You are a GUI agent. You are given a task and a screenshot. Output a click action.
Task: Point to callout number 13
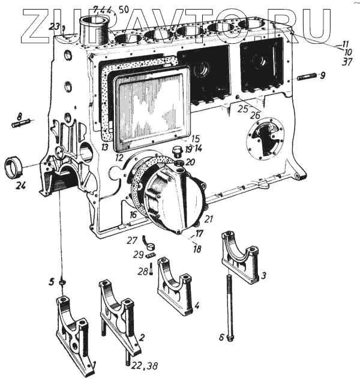[x=104, y=147]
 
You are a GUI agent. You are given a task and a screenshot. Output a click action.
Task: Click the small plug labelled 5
[x=62, y=282]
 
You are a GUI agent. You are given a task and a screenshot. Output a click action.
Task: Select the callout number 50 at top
[x=124, y=10]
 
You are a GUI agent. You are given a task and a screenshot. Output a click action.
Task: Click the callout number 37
[x=347, y=62]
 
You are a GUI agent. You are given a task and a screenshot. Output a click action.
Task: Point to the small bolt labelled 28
[x=150, y=267]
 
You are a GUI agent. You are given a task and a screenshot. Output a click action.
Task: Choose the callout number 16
[x=133, y=213]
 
